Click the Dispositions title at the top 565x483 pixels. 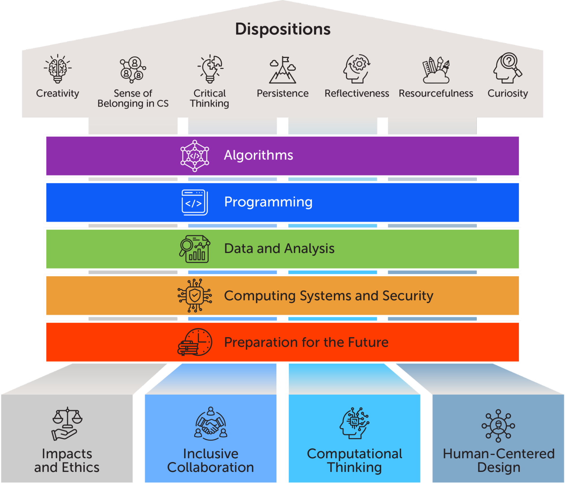click(283, 29)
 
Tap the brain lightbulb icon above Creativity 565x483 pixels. click(58, 69)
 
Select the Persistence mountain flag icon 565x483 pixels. click(282, 70)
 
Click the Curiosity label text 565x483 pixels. click(508, 93)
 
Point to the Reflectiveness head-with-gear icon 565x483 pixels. click(357, 69)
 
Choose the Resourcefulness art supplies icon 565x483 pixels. click(436, 70)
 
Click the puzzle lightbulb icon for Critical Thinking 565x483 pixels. click(210, 69)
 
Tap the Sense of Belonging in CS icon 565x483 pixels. click(133, 69)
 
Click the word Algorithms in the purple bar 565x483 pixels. click(258, 155)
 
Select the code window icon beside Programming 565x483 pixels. click(194, 202)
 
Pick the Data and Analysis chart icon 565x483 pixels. click(194, 249)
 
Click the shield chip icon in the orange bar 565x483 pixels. click(194, 296)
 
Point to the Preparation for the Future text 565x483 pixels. click(306, 342)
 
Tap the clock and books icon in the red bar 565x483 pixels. click(195, 342)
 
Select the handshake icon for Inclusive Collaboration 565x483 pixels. click(211, 423)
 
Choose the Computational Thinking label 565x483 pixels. click(354, 460)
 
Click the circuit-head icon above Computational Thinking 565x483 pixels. click(354, 423)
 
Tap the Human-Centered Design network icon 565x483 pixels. click(498, 425)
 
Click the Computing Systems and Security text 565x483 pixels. click(328, 296)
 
